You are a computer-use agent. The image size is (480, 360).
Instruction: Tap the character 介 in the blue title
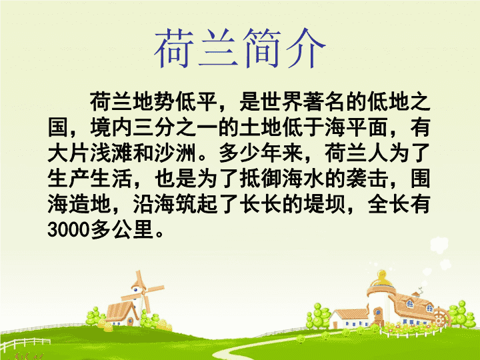pyautogui.click(x=305, y=49)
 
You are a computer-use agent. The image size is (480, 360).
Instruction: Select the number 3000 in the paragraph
pyautogui.click(x=69, y=229)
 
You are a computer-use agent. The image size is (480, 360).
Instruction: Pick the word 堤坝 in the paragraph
pyautogui.click(x=325, y=203)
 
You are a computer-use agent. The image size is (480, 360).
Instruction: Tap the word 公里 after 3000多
pyautogui.click(x=133, y=229)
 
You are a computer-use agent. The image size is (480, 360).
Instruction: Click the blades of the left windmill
pyautogui.click(x=143, y=293)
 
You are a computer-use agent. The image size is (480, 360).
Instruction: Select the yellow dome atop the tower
pyautogui.click(x=381, y=278)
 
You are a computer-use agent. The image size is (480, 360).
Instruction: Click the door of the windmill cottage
pyautogui.click(x=131, y=321)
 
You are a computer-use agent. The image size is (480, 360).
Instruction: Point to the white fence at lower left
pyautogui.click(x=25, y=343)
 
